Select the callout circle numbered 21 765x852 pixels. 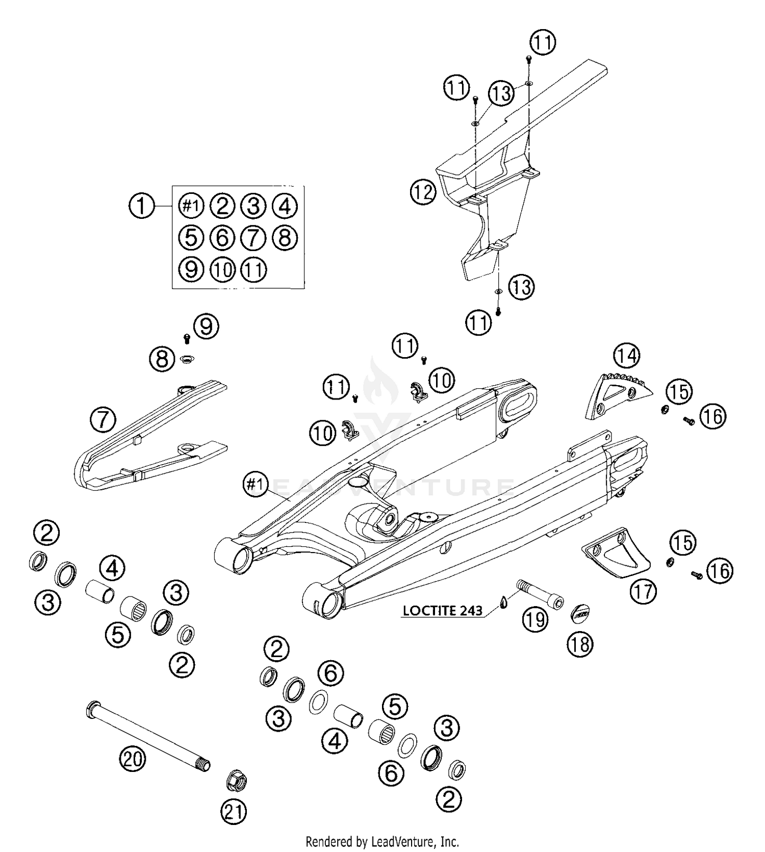234,811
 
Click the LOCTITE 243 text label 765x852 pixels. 442,611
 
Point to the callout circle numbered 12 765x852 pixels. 423,192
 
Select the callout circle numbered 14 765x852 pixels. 627,355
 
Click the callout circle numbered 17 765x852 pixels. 643,591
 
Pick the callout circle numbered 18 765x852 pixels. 580,644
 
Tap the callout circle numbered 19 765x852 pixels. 534,620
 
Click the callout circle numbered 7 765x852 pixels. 104,420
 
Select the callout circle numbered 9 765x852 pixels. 206,326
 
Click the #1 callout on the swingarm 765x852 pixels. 256,483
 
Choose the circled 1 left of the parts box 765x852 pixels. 141,206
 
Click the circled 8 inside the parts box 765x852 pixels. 285,237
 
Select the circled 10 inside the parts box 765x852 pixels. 222,269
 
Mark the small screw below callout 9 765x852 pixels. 186,337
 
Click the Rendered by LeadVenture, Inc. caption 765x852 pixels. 382,841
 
